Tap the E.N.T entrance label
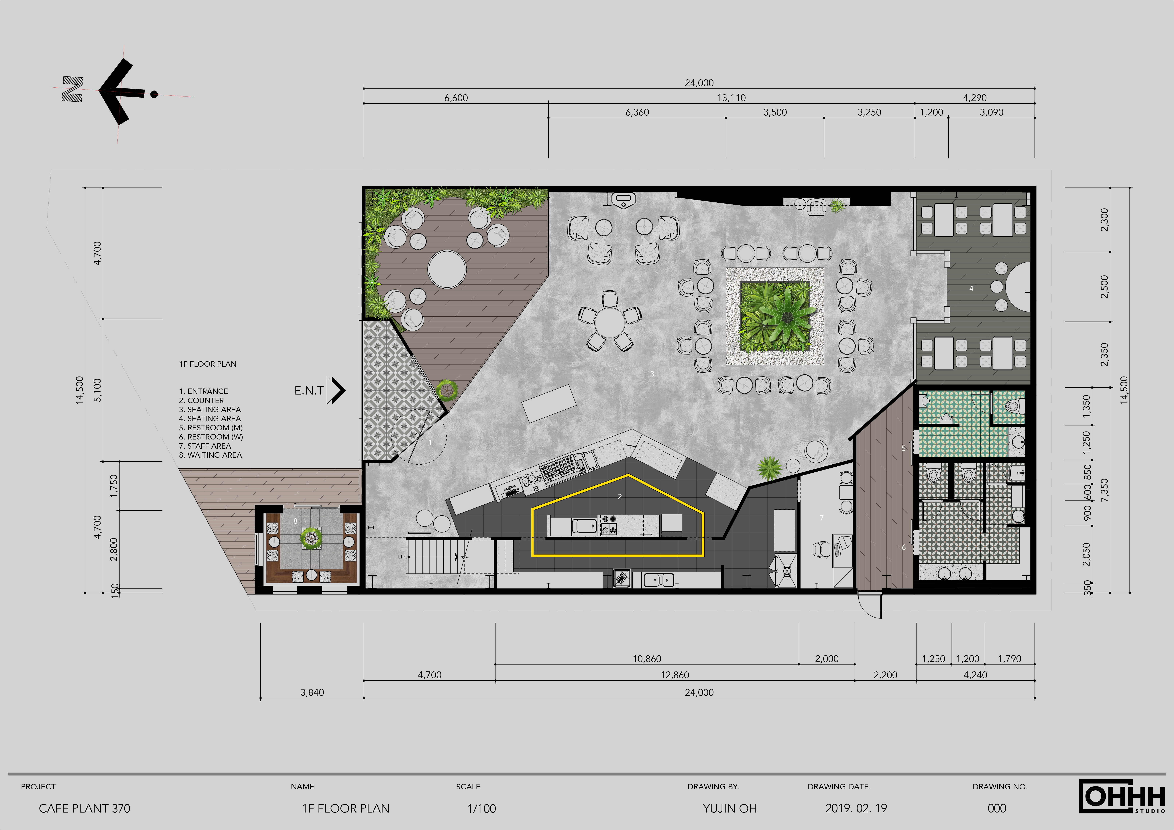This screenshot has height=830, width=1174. [x=309, y=391]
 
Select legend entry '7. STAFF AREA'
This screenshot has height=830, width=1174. [x=205, y=446]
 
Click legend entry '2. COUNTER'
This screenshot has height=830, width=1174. [x=201, y=400]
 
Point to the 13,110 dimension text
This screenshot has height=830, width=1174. [x=731, y=98]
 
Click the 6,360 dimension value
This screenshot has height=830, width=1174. [x=637, y=112]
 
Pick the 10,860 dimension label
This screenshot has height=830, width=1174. [x=647, y=659]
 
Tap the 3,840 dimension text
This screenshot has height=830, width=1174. [x=312, y=693]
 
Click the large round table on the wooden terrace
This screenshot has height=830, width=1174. [x=447, y=269]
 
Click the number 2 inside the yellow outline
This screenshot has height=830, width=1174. [x=620, y=497]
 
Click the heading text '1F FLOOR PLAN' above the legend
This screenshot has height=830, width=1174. [x=208, y=364]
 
